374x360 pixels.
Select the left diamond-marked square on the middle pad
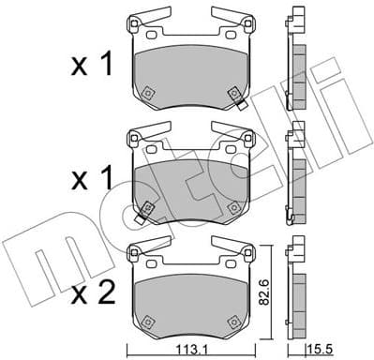pyautogui.click(x=147, y=205)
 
